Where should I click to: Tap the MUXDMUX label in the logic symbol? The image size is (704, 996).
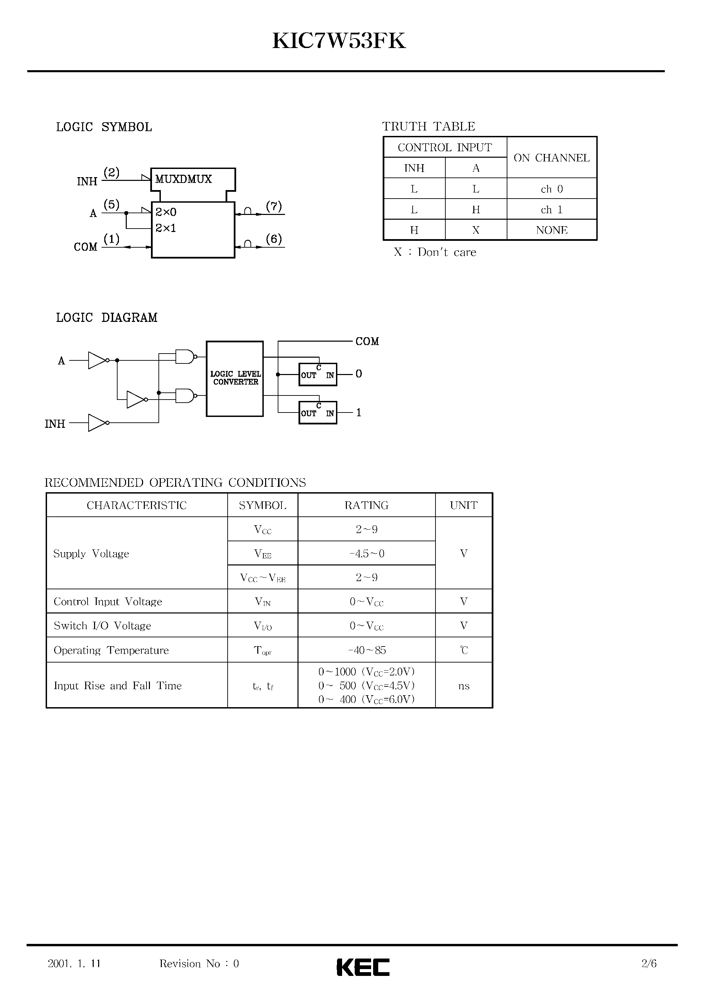click(183, 179)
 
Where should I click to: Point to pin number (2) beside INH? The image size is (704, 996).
click(111, 173)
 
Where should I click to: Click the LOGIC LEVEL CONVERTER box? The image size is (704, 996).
click(235, 378)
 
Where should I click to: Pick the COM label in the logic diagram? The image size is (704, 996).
click(367, 341)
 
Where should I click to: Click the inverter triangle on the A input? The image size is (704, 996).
click(96, 360)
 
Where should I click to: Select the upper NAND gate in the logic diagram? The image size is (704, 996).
click(184, 357)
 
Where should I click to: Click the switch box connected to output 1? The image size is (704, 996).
click(318, 413)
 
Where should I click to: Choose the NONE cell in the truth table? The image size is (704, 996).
click(552, 230)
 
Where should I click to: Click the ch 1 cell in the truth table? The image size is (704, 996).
click(552, 209)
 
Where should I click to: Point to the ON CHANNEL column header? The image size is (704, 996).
click(552, 158)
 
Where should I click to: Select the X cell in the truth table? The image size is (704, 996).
click(476, 230)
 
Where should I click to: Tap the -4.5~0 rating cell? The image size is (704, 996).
click(367, 554)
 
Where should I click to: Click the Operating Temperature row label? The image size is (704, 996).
click(111, 650)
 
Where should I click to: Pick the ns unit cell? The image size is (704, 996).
click(463, 686)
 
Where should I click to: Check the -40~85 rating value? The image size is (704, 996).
click(367, 650)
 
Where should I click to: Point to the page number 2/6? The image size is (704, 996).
click(649, 963)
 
